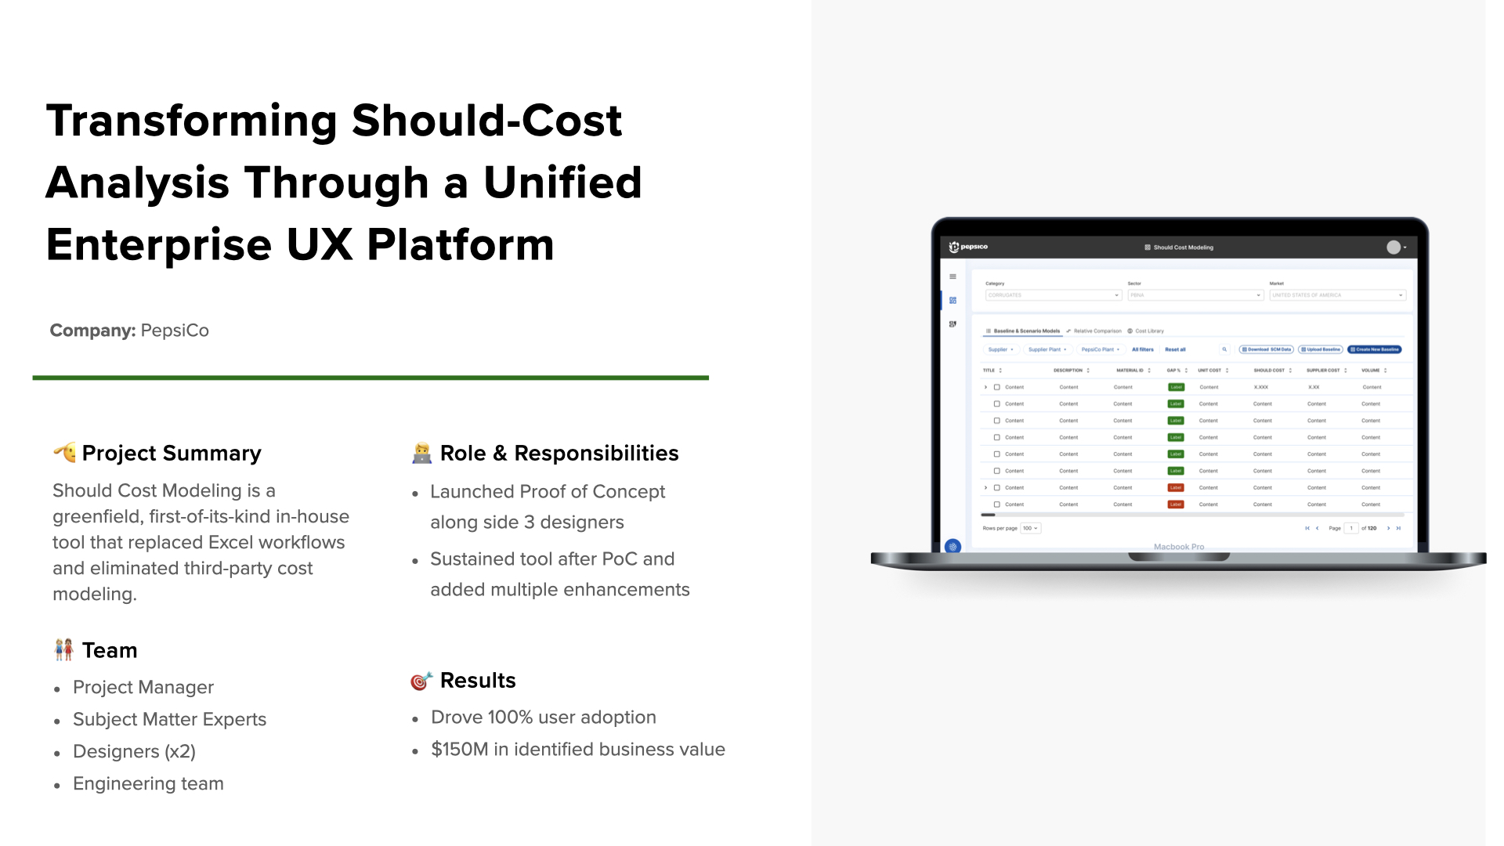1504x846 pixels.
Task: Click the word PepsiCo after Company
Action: point(175,331)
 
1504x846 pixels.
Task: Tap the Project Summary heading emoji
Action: point(64,452)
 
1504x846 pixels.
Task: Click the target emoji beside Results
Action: point(421,681)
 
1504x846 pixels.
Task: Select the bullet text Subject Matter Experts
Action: point(169,719)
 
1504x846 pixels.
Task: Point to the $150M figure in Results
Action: point(459,750)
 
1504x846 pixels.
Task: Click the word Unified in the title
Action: point(562,183)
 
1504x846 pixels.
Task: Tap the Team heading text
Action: point(110,650)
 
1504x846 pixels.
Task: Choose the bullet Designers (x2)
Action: point(134,751)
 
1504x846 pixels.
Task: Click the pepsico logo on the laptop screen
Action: point(968,247)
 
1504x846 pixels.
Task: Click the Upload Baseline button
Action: point(1321,349)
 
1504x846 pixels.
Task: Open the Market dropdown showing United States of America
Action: point(1337,295)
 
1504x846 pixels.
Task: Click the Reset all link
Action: point(1175,349)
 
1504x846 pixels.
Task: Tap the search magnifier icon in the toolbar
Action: point(1224,349)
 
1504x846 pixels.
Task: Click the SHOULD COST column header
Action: point(1269,371)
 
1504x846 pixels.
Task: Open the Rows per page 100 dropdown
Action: point(1030,528)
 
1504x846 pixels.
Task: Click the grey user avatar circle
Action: point(1394,248)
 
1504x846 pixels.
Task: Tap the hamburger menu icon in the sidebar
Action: point(953,277)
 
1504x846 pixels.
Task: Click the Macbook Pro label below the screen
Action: point(1179,547)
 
